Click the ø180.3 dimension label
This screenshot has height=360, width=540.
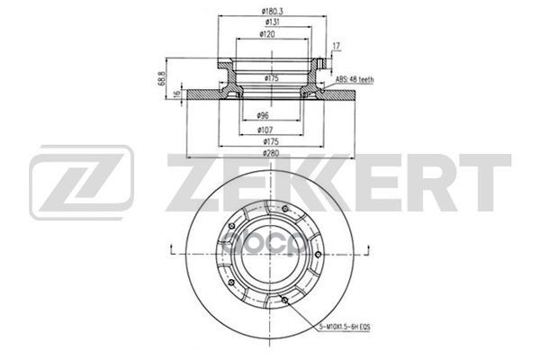tap(264, 12)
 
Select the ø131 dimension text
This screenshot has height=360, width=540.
tap(264, 23)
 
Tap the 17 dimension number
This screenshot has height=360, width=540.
tap(336, 45)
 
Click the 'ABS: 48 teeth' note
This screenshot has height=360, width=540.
tap(355, 80)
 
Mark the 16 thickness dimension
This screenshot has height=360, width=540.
tap(179, 94)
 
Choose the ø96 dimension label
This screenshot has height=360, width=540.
tap(264, 115)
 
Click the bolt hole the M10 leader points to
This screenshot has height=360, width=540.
tap(284, 300)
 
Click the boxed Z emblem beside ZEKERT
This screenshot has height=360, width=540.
tap(81, 184)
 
